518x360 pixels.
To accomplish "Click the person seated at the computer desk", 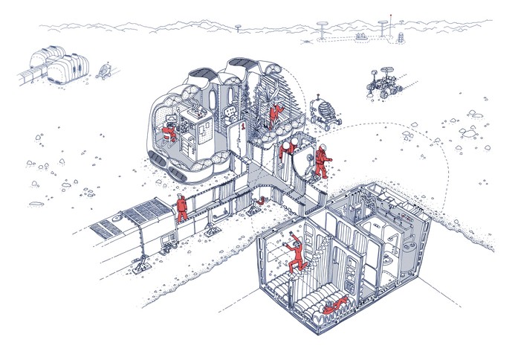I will pos(170,135).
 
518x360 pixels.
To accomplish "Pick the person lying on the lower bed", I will pos(336,303).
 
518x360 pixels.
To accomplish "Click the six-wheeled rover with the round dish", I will pos(383,83).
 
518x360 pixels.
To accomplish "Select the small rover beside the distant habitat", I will pos(103,71).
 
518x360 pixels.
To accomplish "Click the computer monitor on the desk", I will pos(172,118).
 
